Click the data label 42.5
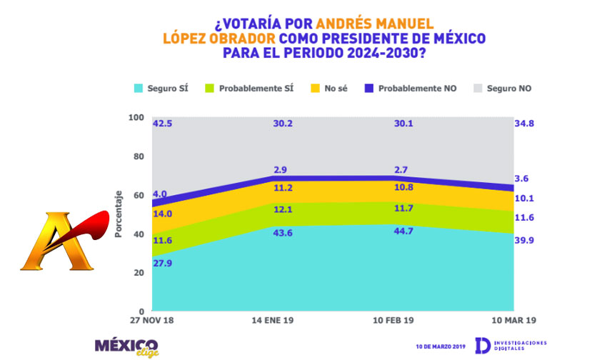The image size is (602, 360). (163, 123)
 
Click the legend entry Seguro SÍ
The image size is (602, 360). (162, 89)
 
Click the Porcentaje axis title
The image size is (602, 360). (119, 214)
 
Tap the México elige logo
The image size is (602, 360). (128, 346)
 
